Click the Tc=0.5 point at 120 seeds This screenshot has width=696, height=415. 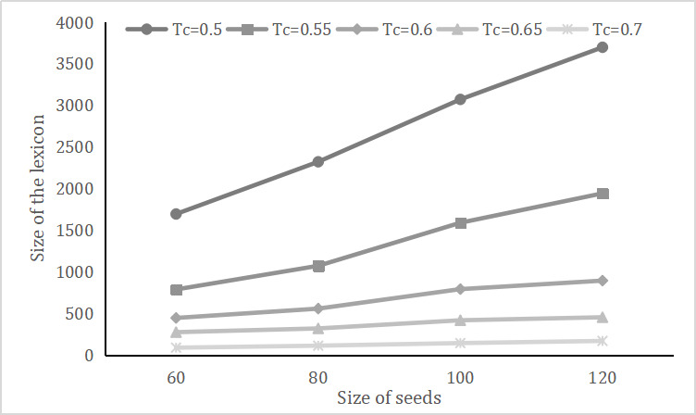coord(603,47)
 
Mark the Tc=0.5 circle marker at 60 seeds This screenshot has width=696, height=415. coord(176,214)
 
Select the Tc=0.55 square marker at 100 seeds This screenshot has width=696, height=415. coord(461,223)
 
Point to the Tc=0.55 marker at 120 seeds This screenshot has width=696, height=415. coord(603,194)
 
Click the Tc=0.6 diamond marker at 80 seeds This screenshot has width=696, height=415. coord(318,308)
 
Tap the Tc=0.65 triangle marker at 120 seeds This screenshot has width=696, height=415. coord(603,317)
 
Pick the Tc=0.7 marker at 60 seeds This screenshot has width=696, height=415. coord(176,347)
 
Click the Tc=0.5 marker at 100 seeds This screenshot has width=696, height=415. coord(461,99)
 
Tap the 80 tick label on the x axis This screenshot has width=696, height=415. coord(318,378)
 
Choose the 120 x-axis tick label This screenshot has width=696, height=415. coord(603,378)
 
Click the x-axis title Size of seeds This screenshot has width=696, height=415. coord(389,399)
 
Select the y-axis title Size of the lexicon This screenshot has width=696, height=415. coord(38,189)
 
